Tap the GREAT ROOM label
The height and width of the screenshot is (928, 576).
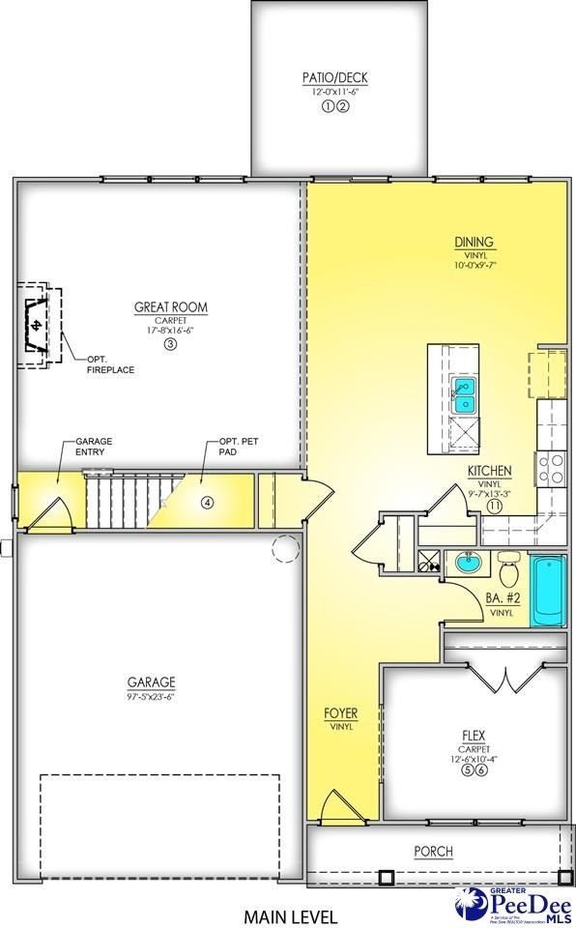click(171, 308)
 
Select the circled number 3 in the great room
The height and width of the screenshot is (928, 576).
click(171, 343)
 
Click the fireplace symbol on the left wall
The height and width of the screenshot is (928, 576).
click(37, 325)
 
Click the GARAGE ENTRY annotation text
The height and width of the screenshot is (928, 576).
click(94, 447)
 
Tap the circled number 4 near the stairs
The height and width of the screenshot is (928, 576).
click(207, 502)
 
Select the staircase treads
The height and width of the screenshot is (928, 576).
click(121, 501)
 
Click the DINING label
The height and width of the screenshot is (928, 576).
click(475, 243)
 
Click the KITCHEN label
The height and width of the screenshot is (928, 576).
click(490, 471)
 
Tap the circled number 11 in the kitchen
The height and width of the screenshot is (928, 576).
click(494, 506)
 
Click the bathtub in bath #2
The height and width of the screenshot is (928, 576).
click(548, 591)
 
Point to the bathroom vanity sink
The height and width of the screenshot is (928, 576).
click(468, 563)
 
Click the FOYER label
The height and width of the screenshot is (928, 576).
click(340, 714)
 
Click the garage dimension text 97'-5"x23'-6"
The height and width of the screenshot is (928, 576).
click(149, 695)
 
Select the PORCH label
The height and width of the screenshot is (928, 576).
click(434, 852)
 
